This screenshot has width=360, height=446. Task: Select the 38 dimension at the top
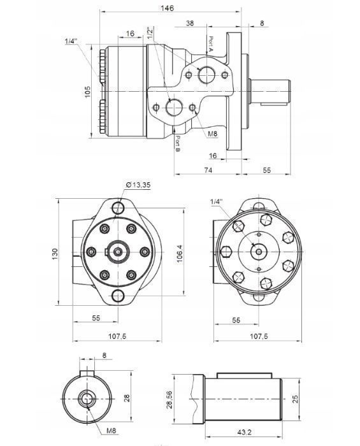click(x=190, y=23)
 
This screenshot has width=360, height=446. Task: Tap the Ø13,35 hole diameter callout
click(x=139, y=184)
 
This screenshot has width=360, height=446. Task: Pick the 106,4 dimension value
click(x=180, y=253)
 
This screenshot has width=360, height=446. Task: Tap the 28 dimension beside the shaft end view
click(x=127, y=398)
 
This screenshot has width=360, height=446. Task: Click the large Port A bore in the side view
click(x=207, y=76)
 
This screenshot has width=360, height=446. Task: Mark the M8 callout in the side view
click(x=213, y=134)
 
